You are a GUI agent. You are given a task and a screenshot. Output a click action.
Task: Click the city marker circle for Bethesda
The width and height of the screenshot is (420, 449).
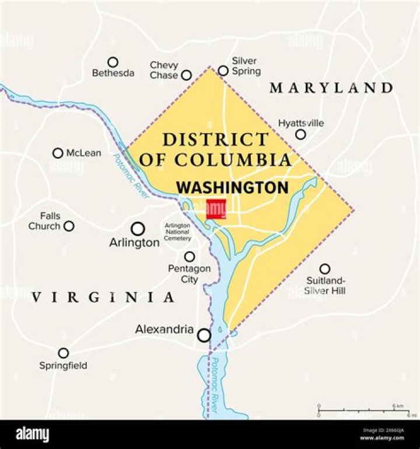tap(113, 61)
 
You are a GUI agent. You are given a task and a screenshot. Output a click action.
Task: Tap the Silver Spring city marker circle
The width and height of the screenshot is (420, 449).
tap(223, 71)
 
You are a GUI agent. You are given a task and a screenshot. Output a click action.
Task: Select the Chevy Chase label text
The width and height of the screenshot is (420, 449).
tap(164, 70)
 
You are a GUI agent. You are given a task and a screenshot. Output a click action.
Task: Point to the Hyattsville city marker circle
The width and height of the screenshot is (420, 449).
tap(300, 134)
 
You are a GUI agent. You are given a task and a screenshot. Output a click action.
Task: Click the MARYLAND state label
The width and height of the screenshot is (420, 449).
tap(331, 88)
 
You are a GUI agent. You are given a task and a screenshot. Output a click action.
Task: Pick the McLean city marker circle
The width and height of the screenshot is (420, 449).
tap(58, 153)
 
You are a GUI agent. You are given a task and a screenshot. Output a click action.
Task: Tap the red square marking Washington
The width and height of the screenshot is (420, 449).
tap(216, 209)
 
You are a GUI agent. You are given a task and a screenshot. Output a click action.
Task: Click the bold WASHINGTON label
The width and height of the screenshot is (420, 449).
tap(233, 188)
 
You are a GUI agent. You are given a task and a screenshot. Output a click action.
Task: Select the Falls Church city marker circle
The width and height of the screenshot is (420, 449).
tap(69, 226)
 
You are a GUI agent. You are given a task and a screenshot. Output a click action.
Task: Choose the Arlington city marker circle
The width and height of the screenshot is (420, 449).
tap(138, 228)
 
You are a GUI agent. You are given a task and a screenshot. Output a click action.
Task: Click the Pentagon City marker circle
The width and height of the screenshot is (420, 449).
tap(190, 256)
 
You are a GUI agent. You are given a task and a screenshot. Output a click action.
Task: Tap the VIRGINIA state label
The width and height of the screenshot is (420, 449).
tap(103, 297)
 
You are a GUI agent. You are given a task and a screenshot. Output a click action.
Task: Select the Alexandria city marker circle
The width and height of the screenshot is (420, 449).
tap(204, 335)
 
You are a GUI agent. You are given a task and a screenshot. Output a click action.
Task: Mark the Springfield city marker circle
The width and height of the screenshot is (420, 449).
tap(63, 353)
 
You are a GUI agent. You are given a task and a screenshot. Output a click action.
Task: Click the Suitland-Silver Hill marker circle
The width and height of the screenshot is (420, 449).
tap(325, 269)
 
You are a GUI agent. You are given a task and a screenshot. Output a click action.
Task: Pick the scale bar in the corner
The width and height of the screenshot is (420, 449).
tap(365, 410)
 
